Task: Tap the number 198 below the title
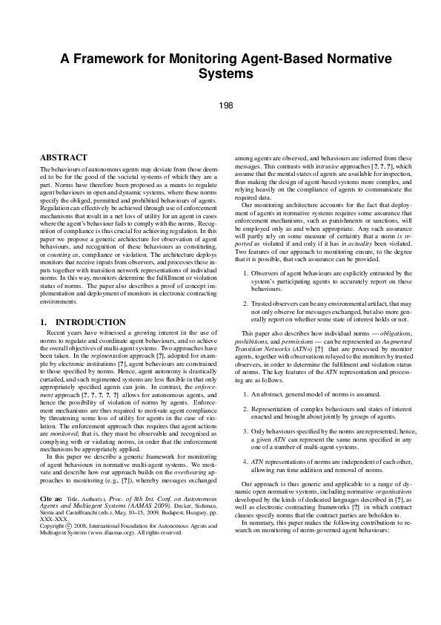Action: tap(227, 105)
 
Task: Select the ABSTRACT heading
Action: tap(64, 157)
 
